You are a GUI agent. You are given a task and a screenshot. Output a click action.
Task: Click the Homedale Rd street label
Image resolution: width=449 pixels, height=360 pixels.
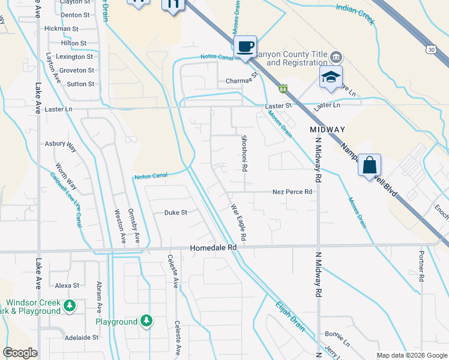(x=214, y=247)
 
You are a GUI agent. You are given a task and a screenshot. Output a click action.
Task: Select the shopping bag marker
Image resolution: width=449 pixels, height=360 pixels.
(x=369, y=164)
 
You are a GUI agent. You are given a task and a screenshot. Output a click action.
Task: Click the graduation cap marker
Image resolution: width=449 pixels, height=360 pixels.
(x=330, y=78)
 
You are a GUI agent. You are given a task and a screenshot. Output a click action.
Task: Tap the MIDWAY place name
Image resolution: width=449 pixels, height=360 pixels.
(x=328, y=130)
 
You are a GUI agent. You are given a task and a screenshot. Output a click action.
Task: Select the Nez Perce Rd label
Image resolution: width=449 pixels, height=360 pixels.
(x=292, y=192)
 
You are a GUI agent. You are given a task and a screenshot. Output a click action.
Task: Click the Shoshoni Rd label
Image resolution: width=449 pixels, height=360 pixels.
(x=244, y=154)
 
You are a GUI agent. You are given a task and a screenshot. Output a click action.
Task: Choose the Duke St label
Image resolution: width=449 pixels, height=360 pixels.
(x=176, y=212)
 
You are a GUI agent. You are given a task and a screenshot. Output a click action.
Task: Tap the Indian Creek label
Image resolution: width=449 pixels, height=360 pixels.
(x=355, y=14)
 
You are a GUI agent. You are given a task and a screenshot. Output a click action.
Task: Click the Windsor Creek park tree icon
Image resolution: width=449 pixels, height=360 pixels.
(x=70, y=306)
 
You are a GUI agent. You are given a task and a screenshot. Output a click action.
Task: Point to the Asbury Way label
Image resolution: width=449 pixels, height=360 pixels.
(x=61, y=145)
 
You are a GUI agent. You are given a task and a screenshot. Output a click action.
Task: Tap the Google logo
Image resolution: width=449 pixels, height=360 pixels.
(x=20, y=353)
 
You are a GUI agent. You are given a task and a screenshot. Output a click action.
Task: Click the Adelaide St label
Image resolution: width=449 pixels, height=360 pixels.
(x=82, y=338)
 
